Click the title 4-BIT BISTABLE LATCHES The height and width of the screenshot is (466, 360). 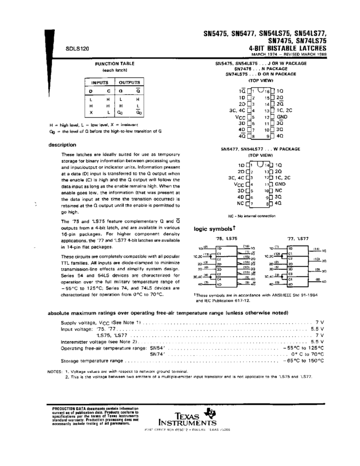(288, 48)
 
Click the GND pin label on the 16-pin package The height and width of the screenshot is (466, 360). (282, 117)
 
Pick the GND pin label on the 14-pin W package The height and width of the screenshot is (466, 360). (281, 184)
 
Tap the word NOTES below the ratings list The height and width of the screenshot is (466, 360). (55, 372)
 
